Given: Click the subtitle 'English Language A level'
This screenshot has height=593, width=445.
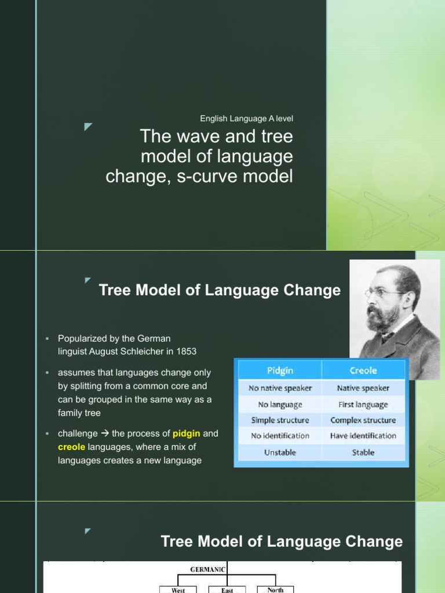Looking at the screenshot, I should click(246, 119).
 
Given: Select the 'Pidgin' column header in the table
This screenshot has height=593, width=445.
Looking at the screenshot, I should click(279, 370).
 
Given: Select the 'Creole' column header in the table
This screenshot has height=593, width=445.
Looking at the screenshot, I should click(363, 370).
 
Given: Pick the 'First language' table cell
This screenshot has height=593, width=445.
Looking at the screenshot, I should click(363, 404).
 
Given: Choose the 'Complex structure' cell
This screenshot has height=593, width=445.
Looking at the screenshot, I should click(363, 420).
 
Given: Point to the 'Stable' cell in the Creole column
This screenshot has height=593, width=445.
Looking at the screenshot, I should click(363, 452).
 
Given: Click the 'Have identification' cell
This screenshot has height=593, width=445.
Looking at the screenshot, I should click(363, 435).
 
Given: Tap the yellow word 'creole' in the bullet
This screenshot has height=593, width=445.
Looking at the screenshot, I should click(71, 446).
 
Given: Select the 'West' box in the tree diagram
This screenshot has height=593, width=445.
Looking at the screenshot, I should click(178, 590).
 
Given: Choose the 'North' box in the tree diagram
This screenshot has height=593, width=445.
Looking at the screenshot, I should click(275, 590).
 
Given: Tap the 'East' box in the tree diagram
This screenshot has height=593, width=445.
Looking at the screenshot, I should click(227, 590).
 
